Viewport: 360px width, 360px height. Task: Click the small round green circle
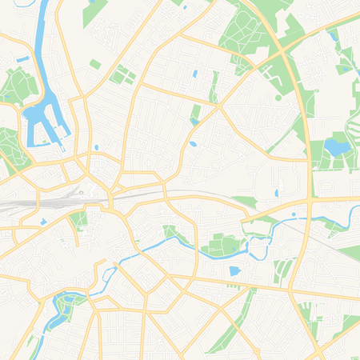[x=278, y=98]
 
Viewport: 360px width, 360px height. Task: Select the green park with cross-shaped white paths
[x=122, y=75]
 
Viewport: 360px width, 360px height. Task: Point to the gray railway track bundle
[x=32, y=204]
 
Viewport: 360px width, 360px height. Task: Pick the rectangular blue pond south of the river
[x=234, y=271]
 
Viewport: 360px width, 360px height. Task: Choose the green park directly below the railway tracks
[x=78, y=219]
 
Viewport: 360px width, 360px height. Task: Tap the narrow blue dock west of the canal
[x=22, y=59]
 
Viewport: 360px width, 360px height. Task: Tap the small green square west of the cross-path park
[x=95, y=64]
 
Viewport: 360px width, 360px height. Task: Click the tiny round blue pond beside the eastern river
[x=295, y=214]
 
